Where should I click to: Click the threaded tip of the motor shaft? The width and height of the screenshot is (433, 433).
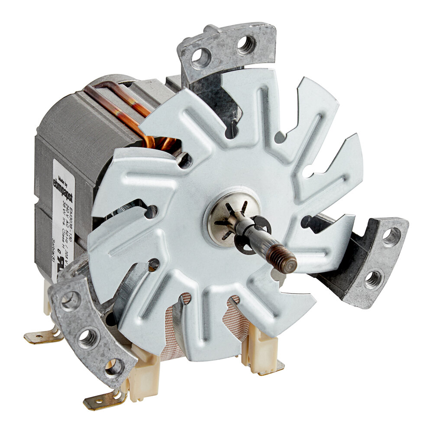pos(286,262)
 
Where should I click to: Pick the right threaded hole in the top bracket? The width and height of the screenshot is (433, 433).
pos(246,45)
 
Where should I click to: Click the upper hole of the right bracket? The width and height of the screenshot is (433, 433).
pos(391,237)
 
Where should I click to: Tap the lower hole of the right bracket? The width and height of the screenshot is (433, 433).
pos(373,279)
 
